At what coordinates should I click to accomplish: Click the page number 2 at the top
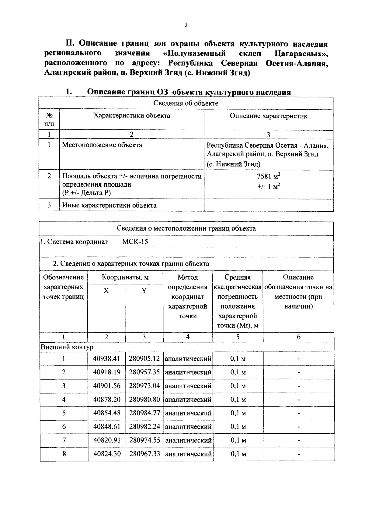click(186, 25)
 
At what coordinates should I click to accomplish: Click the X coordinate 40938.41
click(106, 358)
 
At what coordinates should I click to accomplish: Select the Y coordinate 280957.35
click(144, 372)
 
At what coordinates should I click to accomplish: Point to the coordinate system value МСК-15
click(135, 242)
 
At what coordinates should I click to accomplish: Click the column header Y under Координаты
click(144, 291)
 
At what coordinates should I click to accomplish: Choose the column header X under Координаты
click(106, 291)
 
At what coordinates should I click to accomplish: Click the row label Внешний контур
click(67, 347)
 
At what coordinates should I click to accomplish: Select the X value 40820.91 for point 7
click(106, 440)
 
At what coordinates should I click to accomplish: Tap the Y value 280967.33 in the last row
click(144, 454)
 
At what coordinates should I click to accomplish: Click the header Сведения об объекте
click(186, 103)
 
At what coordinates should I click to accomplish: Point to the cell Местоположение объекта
click(102, 145)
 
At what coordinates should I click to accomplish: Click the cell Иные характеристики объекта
click(109, 205)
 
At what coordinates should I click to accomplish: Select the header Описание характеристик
click(268, 116)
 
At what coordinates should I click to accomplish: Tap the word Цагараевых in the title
click(301, 54)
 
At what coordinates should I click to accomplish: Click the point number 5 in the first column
click(64, 413)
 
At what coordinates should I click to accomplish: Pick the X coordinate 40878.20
click(106, 399)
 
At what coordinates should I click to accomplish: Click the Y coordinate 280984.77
click(144, 413)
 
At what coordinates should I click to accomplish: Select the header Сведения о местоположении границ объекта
click(186, 228)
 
